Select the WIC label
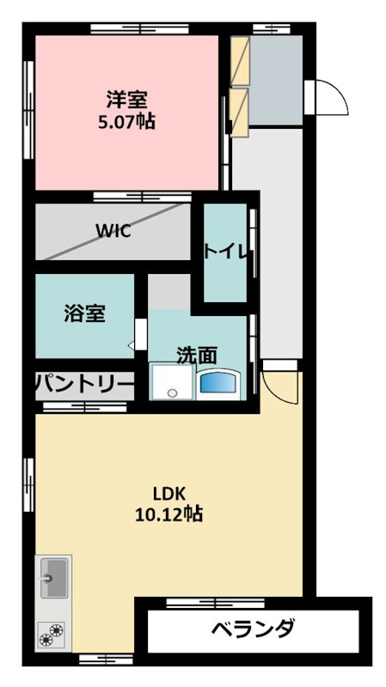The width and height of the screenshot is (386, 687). click(113, 232)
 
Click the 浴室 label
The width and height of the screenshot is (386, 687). click(84, 313)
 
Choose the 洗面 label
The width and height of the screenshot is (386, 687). click(196, 354)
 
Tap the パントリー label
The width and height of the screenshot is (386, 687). click(84, 385)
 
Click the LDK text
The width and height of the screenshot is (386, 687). click(169, 494)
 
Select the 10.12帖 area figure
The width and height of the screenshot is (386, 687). click(168, 515)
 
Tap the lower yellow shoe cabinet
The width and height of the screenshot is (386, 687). click(239, 110)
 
